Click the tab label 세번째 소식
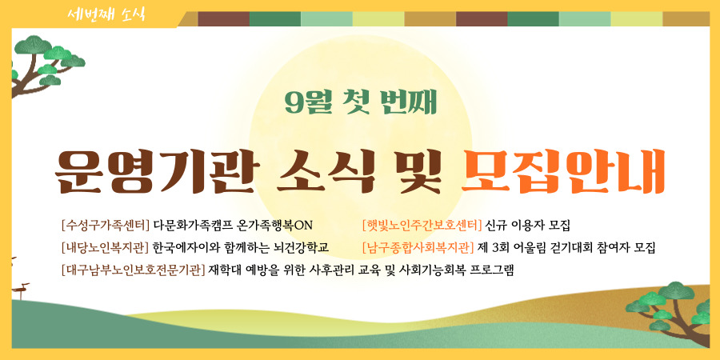click(106, 14)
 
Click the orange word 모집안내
click(563, 172)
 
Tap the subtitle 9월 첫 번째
click(360, 104)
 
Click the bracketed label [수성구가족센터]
click(105, 226)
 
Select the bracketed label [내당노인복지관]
click(105, 247)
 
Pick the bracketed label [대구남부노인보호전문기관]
click(133, 270)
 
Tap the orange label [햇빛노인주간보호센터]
click(422, 226)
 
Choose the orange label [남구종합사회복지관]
click(418, 247)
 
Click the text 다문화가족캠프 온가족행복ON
click(233, 226)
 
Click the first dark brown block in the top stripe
click(224, 19)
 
